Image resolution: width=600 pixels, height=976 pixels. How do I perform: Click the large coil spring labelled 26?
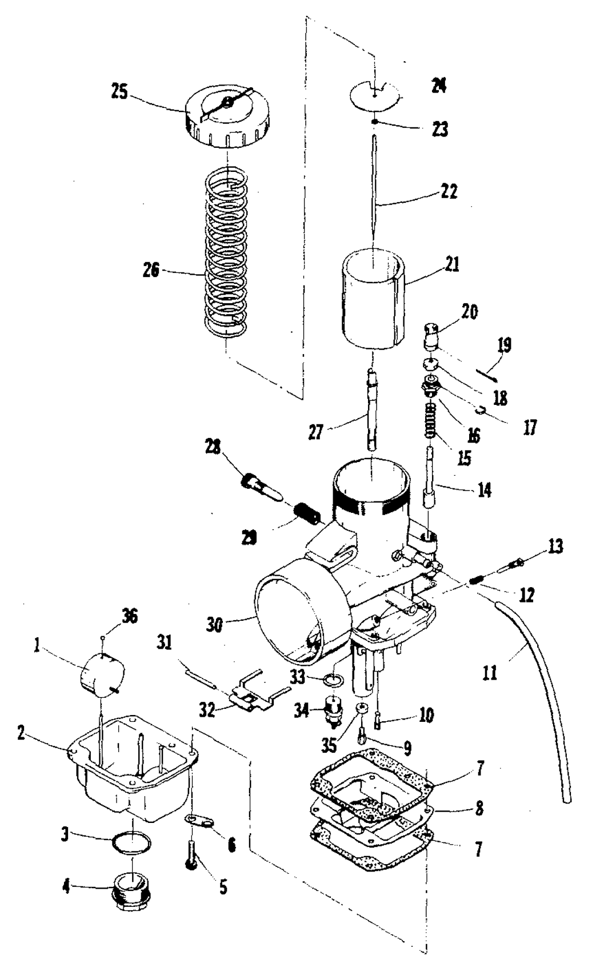tap(227, 257)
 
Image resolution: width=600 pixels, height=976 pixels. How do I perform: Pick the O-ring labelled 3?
tap(132, 842)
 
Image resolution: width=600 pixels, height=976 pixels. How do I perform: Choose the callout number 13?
tap(554, 546)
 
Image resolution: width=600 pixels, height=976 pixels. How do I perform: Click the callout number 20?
tap(469, 312)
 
